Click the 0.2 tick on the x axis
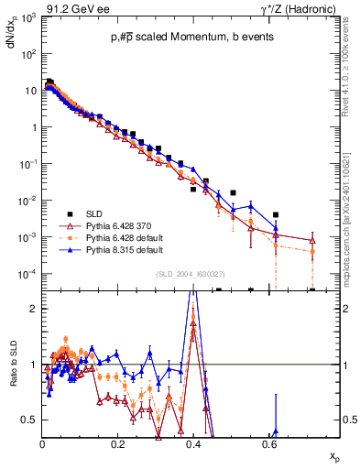(x=117, y=443)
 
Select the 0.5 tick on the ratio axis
(x=30, y=420)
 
